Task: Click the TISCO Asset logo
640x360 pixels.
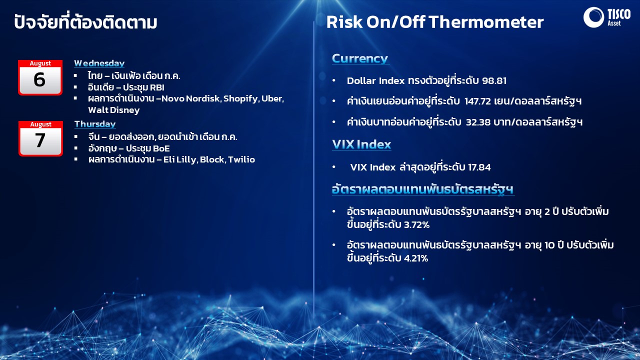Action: [606, 17]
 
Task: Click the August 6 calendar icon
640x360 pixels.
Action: [40, 77]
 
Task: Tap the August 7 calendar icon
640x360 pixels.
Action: [40, 138]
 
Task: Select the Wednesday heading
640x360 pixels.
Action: [99, 63]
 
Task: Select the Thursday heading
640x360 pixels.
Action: [95, 124]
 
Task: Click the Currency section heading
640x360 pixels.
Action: [359, 58]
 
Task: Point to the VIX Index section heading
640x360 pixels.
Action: [361, 144]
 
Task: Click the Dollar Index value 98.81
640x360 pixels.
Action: [494, 80]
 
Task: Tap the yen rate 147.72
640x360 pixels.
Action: [477, 101]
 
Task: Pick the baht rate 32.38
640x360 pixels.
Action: [478, 122]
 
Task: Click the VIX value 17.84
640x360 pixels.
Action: [479, 167]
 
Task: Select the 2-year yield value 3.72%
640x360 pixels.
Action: [416, 225]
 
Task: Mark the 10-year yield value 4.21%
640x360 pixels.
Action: [415, 258]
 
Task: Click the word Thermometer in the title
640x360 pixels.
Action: [486, 22]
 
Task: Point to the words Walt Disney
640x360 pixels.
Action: [113, 110]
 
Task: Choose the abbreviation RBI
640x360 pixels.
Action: [157, 87]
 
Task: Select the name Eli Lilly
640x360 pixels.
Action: [180, 159]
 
